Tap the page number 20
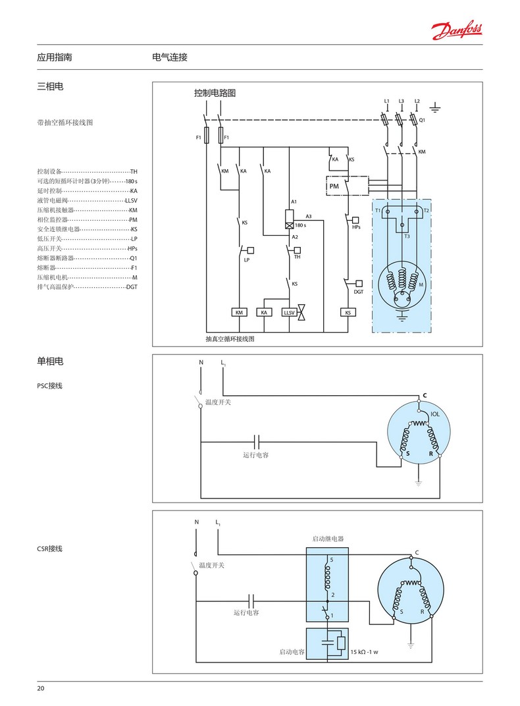(x=41, y=688)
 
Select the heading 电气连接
(x=170, y=57)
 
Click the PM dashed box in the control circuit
(x=334, y=186)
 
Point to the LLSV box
(x=289, y=312)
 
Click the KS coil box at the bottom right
(x=348, y=312)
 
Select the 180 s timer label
(x=301, y=225)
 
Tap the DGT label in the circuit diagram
(x=359, y=291)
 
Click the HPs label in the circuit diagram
(x=356, y=227)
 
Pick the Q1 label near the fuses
(x=423, y=121)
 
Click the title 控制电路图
(x=215, y=93)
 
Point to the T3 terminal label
(x=407, y=236)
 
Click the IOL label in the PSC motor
(x=435, y=414)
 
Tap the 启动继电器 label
(x=328, y=538)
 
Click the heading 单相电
(x=50, y=361)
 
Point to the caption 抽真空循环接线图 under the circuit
(x=230, y=339)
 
